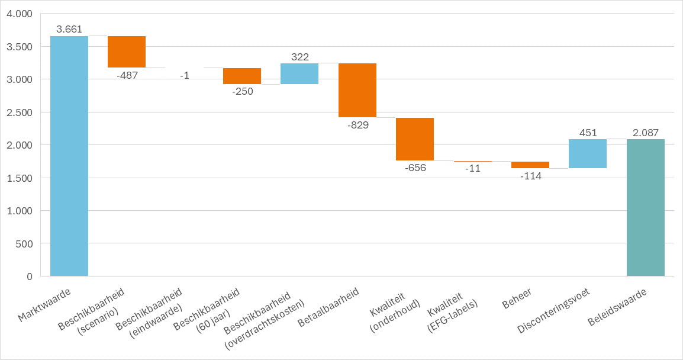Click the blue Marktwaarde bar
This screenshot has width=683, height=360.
pos(69,156)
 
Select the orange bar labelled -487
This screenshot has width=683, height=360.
pos(127,52)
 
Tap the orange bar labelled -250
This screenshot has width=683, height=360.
pos(242,76)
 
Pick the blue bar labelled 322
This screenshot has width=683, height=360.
pos(299,73)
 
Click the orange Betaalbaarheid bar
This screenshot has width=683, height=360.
pos(357,90)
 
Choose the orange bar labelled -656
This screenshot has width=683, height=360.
pos(415,139)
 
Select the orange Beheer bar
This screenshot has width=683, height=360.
pos(530,165)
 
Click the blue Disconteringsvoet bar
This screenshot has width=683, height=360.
pos(588,153)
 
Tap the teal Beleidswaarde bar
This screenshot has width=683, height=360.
pos(646,207)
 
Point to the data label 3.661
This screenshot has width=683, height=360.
pos(69,28)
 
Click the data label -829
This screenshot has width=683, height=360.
pos(357,125)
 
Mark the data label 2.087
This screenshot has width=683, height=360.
pos(645,133)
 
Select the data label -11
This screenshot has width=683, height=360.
pos(472,169)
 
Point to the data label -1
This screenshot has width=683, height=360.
pos(185,75)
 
